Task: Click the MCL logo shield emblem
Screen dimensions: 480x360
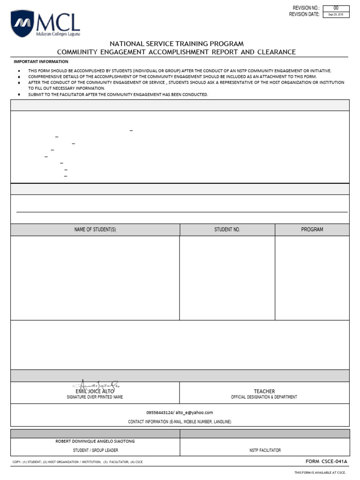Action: pyautogui.click(x=22, y=23)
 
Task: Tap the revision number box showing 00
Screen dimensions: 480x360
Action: pyautogui.click(x=336, y=8)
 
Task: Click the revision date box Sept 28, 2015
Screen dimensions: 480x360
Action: pyautogui.click(x=336, y=15)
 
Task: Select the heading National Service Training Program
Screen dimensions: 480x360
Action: pyautogui.click(x=177, y=44)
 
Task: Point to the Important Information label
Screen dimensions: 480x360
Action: pyautogui.click(x=41, y=62)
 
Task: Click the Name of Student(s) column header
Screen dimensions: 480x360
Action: pyautogui.click(x=95, y=230)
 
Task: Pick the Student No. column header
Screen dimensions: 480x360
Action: pyautogui.click(x=227, y=230)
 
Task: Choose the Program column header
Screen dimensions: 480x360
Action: pyautogui.click(x=312, y=230)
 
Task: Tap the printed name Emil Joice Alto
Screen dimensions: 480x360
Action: pyautogui.click(x=95, y=391)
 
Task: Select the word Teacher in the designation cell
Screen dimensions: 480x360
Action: pyautogui.click(x=264, y=391)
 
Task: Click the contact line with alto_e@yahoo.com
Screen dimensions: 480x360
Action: pyautogui.click(x=180, y=412)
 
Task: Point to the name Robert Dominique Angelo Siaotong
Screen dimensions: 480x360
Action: pyautogui.click(x=95, y=441)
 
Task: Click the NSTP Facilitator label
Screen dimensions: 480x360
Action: pyautogui.click(x=265, y=450)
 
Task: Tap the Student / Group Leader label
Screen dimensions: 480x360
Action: pyautogui.click(x=95, y=450)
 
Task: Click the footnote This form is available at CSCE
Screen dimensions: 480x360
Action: pyautogui.click(x=320, y=472)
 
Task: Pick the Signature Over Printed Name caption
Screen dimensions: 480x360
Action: pyautogui.click(x=95, y=397)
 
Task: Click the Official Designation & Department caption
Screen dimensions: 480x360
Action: pyautogui.click(x=264, y=397)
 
